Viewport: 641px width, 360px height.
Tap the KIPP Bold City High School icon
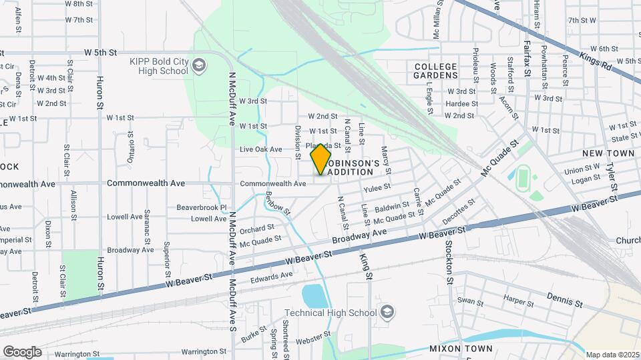tap(198, 65)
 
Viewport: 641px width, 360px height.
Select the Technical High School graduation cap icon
tap(387, 312)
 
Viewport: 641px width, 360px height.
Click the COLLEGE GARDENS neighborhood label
tap(435, 71)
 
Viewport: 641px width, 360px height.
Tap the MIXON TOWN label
tap(461, 349)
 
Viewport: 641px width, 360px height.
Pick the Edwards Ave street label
tap(272, 275)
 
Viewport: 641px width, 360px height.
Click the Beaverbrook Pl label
tap(202, 207)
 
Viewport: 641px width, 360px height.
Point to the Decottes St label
tap(459, 211)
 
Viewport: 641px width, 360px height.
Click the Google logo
tap(22, 351)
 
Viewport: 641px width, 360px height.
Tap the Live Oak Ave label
tap(261, 149)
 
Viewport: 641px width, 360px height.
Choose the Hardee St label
tap(461, 104)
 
